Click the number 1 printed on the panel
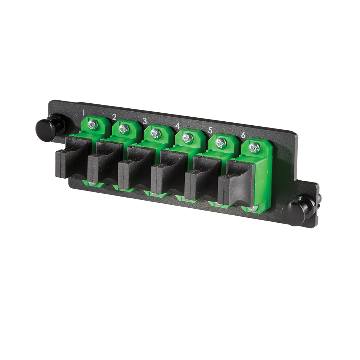(x=84, y=113)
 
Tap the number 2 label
(x=114, y=117)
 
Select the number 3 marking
(x=145, y=121)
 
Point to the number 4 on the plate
(x=177, y=126)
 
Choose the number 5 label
(x=210, y=130)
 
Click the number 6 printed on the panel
(x=243, y=135)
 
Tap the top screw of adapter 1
(x=93, y=125)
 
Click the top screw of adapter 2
(x=124, y=129)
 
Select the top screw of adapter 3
(x=156, y=134)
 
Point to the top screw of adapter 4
(x=188, y=138)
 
